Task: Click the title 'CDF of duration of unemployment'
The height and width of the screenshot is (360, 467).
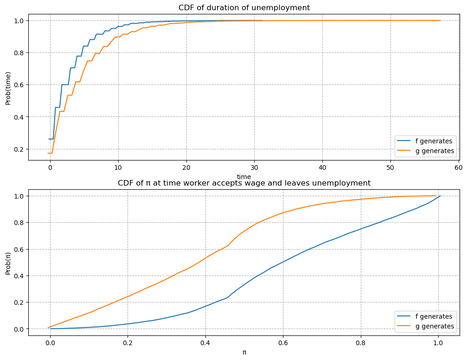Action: (x=244, y=7)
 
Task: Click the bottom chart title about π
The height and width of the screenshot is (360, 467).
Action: (x=244, y=183)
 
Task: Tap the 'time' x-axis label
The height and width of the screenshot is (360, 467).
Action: (x=244, y=176)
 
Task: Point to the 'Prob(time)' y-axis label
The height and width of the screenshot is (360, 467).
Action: (x=8, y=88)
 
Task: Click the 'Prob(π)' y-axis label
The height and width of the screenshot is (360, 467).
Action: (x=8, y=262)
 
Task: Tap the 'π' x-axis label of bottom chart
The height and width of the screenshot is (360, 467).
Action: (x=244, y=352)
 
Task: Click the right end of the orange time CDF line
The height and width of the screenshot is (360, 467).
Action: (x=440, y=20)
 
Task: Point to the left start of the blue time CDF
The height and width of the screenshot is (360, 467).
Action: (x=49, y=139)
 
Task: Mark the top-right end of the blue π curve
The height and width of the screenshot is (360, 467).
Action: (x=440, y=196)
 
